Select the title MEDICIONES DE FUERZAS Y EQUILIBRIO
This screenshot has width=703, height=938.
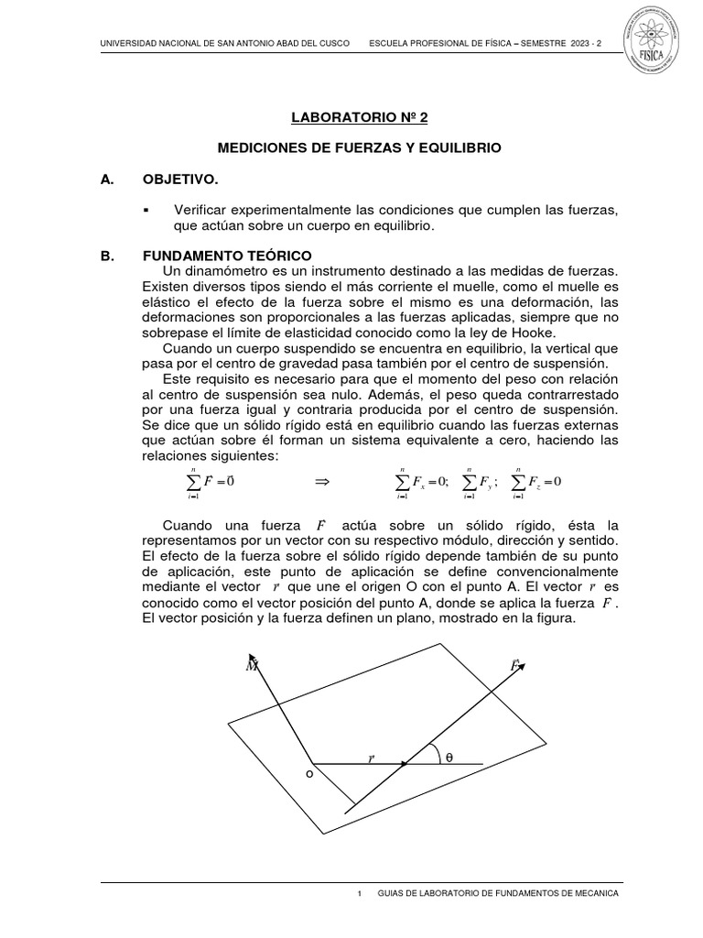click(359, 147)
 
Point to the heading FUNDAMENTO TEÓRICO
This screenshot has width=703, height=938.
click(227, 255)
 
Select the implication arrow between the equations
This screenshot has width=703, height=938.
click(321, 481)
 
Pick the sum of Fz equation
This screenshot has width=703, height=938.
click(536, 482)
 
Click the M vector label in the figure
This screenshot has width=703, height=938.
click(251, 666)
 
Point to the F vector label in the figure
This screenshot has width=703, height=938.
click(515, 666)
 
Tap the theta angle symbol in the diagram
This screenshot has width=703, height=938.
click(449, 758)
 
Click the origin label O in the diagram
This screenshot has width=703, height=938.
click(309, 775)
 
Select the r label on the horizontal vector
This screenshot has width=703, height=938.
click(372, 758)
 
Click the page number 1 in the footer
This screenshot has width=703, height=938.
click(360, 893)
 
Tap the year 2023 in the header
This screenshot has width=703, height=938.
click(589, 45)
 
